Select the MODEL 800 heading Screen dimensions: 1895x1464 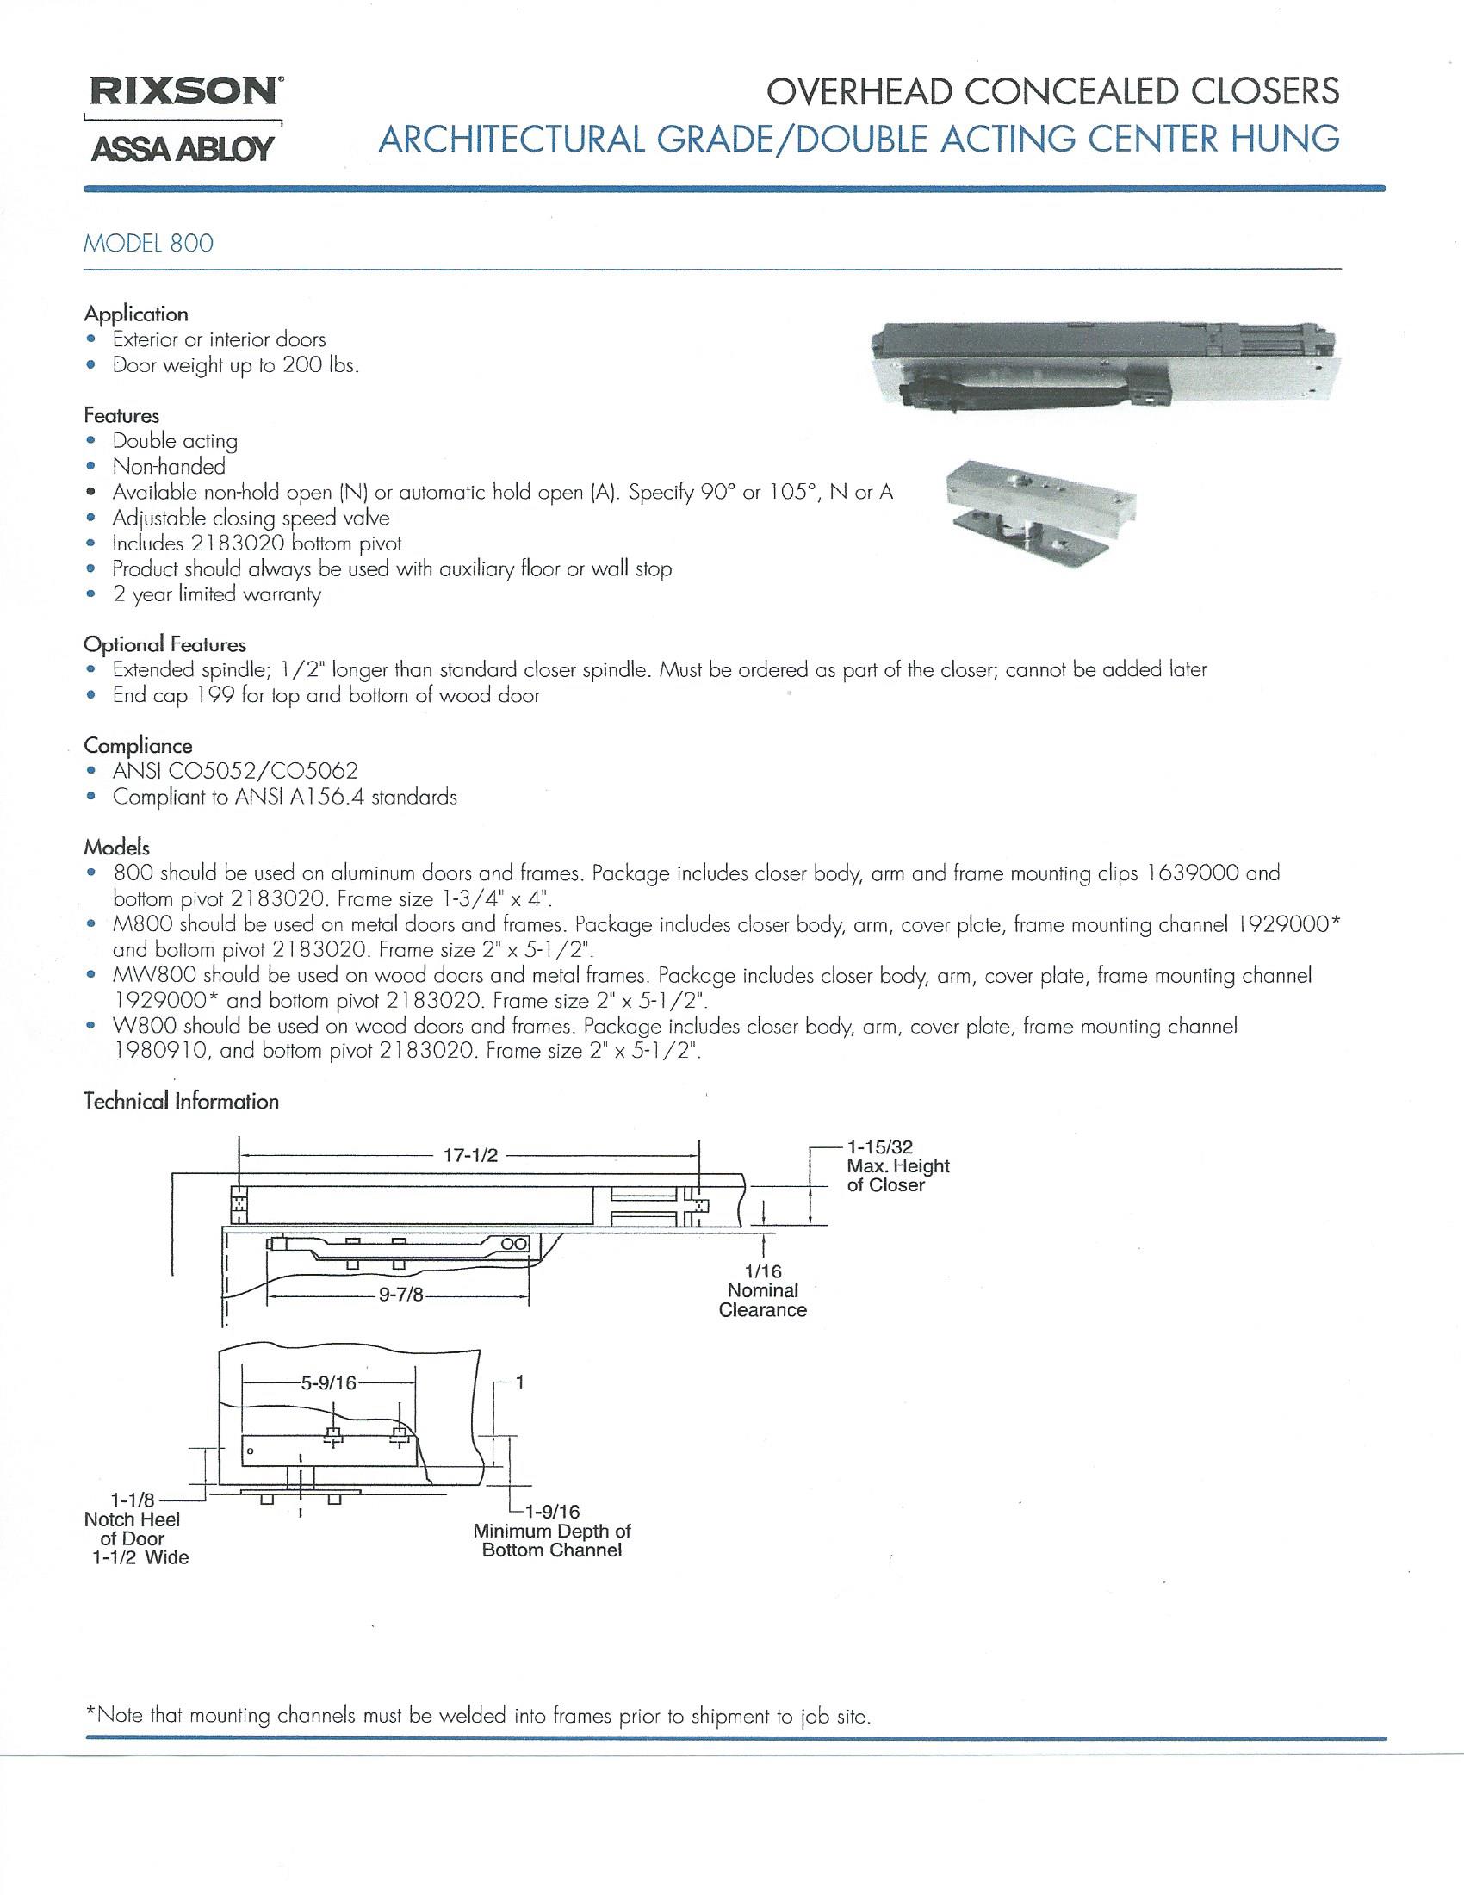(x=147, y=243)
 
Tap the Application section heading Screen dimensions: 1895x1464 (x=135, y=314)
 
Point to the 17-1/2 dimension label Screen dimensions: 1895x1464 (x=470, y=1156)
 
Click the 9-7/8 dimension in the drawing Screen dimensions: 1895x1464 (x=400, y=1299)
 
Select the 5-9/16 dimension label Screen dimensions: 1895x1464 (x=328, y=1383)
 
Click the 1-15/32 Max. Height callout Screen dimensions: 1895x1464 (x=896, y=1166)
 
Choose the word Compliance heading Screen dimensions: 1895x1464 (x=138, y=745)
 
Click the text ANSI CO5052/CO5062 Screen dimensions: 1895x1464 (x=235, y=771)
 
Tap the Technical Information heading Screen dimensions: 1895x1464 (x=180, y=1101)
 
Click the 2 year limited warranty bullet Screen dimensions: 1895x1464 (x=216, y=594)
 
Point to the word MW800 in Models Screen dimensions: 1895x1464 (x=144, y=974)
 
